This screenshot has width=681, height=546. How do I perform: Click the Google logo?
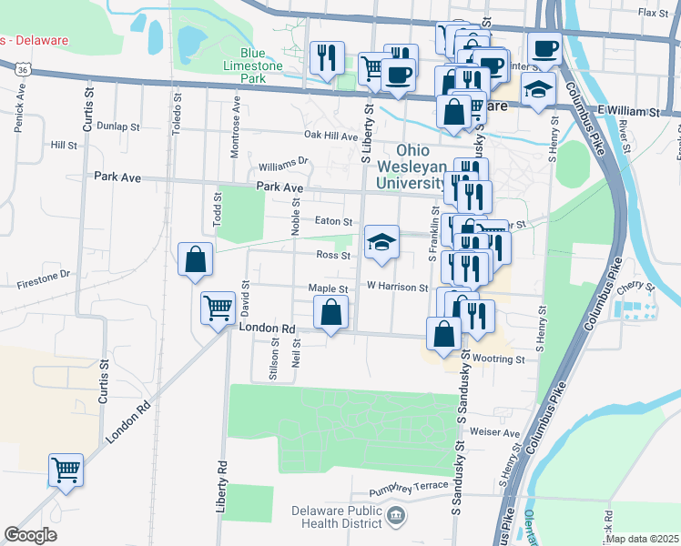pos(30,535)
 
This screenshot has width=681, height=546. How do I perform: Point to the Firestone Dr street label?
pos(36,273)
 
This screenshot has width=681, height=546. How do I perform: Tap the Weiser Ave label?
pos(501,433)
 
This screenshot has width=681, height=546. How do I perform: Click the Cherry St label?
pos(635,286)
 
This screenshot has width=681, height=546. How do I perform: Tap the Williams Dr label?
pos(283,165)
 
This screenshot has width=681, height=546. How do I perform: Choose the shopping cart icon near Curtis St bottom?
pos(66,470)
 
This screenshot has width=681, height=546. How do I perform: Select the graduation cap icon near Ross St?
pos(381,241)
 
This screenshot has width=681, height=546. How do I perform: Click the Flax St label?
pos(653,13)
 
